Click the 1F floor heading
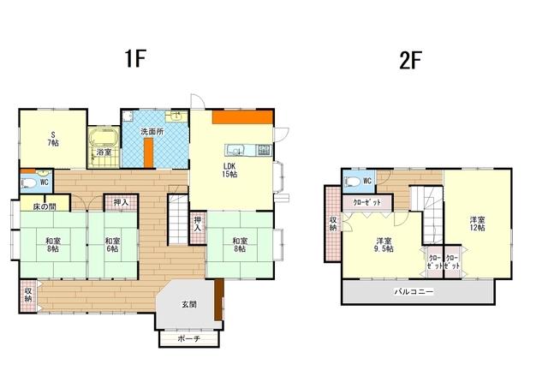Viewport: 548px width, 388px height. (134, 58)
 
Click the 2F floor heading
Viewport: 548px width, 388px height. (410, 61)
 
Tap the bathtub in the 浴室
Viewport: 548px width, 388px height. (103, 137)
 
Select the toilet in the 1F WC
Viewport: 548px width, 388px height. (28, 182)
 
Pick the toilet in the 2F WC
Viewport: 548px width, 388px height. (352, 182)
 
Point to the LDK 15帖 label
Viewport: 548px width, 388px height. (229, 170)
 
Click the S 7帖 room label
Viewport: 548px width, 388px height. (53, 139)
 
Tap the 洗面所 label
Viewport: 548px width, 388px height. (152, 132)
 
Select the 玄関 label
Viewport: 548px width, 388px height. (188, 304)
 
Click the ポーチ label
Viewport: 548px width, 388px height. (188, 338)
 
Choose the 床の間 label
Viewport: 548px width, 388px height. (45, 206)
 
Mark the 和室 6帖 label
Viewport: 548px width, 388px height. (112, 245)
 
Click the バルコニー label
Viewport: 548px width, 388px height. (414, 291)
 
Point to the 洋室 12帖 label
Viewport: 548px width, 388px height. (477, 224)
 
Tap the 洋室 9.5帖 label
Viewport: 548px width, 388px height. (384, 245)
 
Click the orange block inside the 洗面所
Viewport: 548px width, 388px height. (149, 152)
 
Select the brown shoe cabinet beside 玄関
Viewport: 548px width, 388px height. (219, 299)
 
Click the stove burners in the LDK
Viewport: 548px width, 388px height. (264, 150)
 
